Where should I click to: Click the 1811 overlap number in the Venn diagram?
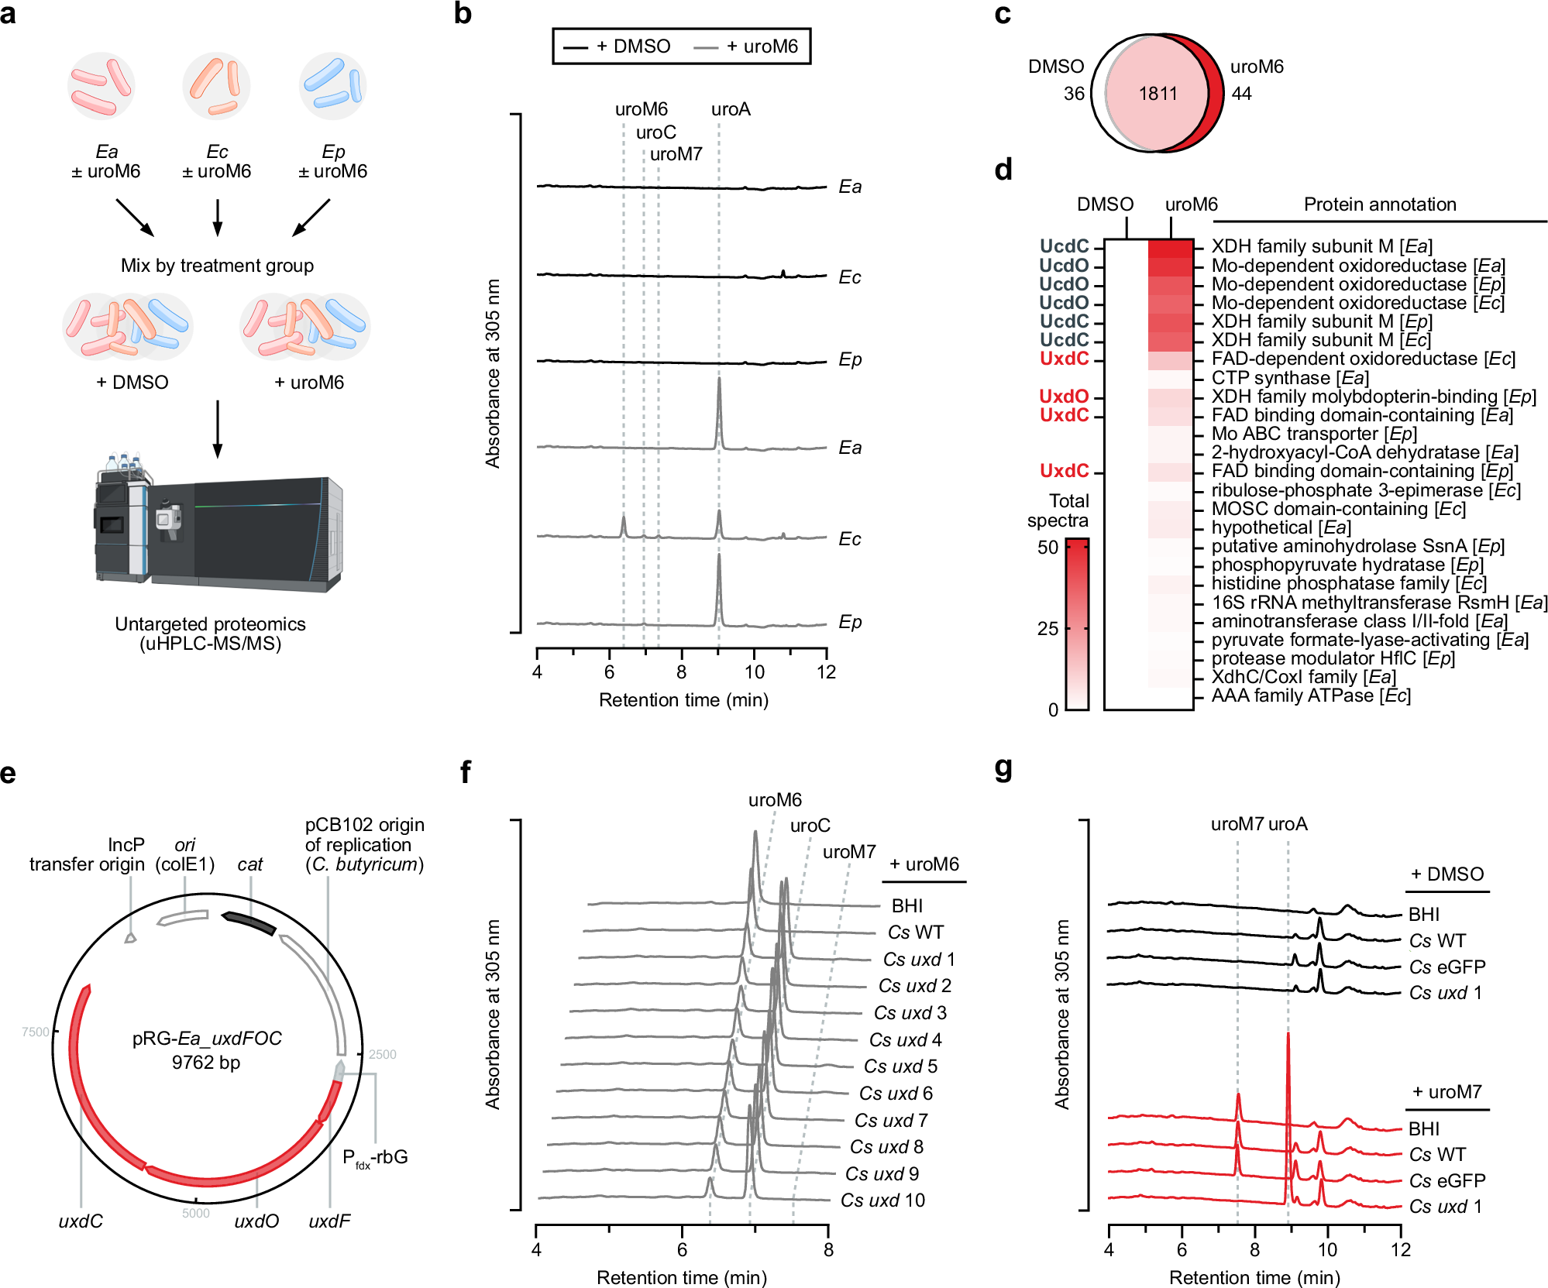(x=1158, y=94)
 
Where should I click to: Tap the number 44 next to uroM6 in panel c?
(x=1242, y=94)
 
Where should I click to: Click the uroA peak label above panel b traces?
(x=731, y=109)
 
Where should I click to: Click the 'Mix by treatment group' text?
(x=217, y=266)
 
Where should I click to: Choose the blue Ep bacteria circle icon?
(x=333, y=85)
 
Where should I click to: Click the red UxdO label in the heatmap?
(x=1064, y=397)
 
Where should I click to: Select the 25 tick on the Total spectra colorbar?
(x=1048, y=628)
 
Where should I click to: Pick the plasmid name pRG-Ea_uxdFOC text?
(x=207, y=1038)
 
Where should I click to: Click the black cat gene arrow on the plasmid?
(x=249, y=923)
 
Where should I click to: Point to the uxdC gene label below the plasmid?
(x=81, y=1221)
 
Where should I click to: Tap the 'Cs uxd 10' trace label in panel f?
(x=882, y=1200)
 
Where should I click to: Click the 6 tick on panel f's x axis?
(x=682, y=1249)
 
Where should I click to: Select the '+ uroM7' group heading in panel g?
(x=1447, y=1092)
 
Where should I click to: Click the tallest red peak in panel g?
(x=1288, y=1038)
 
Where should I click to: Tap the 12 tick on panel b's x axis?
(x=827, y=672)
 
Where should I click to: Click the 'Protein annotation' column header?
(x=1380, y=204)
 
